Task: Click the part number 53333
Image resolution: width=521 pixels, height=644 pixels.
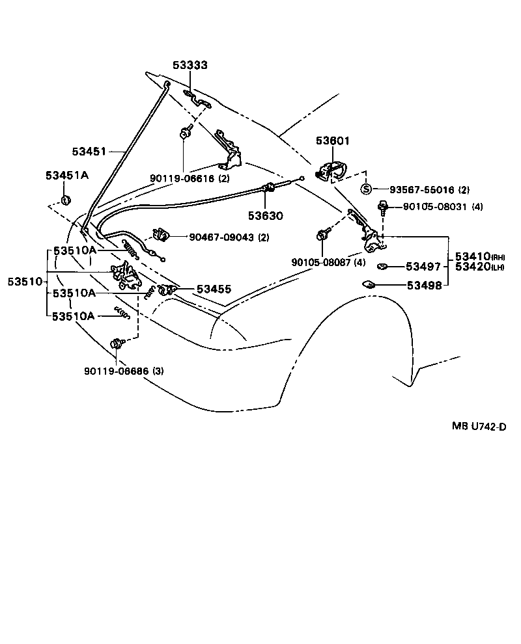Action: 190,66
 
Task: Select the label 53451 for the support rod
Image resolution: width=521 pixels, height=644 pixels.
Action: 89,151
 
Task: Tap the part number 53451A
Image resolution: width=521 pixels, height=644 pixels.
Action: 67,176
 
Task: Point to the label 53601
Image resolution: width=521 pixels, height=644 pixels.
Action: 333,141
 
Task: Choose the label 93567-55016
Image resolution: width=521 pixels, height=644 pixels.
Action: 421,190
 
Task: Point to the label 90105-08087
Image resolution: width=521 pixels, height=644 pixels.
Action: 320,262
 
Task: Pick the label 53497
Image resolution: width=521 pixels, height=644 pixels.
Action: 423,266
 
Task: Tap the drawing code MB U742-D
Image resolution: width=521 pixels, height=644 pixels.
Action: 479,427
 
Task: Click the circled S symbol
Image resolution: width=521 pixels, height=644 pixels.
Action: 366,189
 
